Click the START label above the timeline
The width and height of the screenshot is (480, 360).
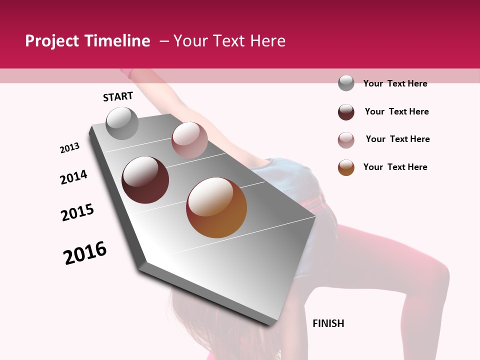pos(118,96)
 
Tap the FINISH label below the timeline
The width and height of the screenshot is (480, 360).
pos(328,323)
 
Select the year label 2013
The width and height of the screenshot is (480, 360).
pos(69,148)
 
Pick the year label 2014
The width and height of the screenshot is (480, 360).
pos(73,177)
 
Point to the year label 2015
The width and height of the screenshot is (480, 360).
pos(77,212)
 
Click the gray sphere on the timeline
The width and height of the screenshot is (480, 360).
pos(122,123)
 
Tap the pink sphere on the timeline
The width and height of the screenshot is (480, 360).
pos(189,140)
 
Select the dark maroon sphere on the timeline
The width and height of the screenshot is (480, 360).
pos(145,180)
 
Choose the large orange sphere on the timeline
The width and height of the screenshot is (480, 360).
pos(216,207)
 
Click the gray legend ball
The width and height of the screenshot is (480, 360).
pos(346,83)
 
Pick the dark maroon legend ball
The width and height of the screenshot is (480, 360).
pos(346,112)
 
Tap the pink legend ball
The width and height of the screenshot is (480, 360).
pos(346,140)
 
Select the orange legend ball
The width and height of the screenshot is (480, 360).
pos(346,167)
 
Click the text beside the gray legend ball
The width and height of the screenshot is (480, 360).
pos(395,83)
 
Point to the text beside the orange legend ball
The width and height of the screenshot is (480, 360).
pos(395,167)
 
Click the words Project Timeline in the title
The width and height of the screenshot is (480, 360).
pos(87,41)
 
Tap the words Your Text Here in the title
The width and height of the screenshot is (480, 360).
pos(229,41)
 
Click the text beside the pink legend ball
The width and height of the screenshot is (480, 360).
pos(397,139)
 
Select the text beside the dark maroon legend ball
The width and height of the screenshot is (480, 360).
pos(396,111)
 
